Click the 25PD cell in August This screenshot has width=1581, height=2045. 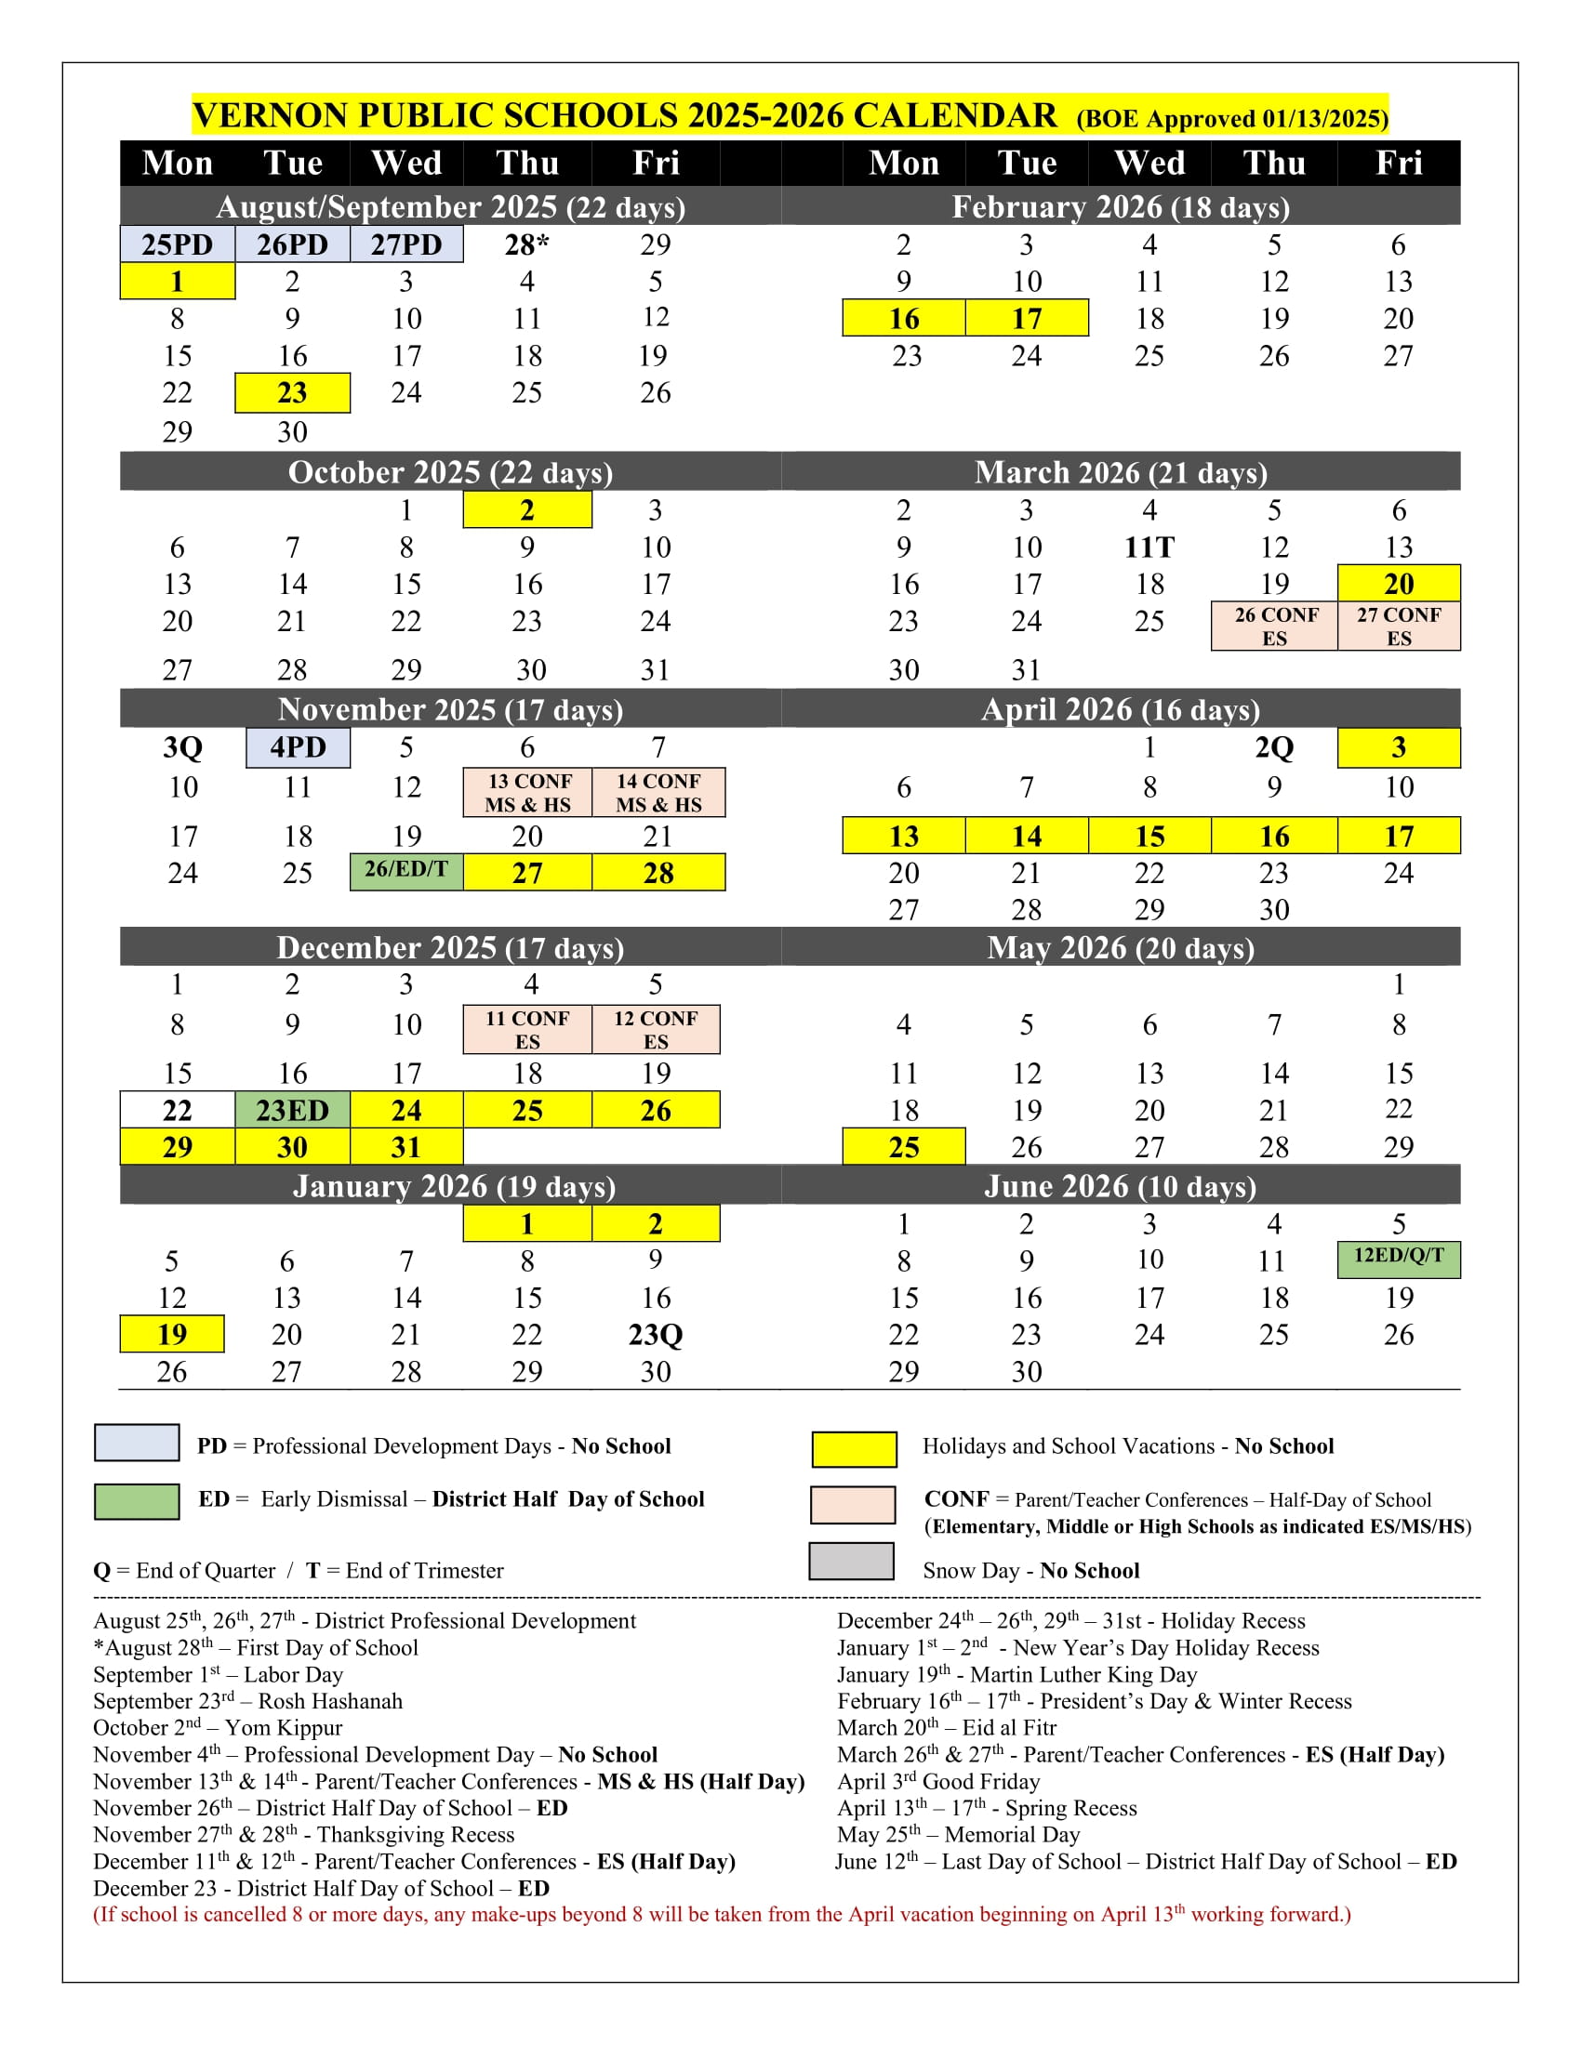coord(177,244)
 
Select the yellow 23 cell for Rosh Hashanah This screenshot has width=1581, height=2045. coord(292,392)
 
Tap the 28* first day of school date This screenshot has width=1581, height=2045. coord(526,244)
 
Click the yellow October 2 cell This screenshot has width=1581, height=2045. coord(527,510)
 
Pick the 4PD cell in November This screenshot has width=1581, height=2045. coord(298,747)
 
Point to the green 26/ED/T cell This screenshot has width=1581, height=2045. coord(406,870)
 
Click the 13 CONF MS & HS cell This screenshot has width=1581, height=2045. coord(527,792)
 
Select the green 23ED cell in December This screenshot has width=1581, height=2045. coord(292,1111)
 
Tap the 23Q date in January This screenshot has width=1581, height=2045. coord(656,1334)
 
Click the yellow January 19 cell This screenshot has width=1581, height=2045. coord(172,1334)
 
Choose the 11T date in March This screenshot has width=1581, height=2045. coord(1149,547)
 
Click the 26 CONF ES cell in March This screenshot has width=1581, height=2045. coord(1275,627)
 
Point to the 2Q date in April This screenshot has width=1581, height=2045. coord(1274,747)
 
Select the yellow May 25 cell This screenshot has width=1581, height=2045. coord(904,1147)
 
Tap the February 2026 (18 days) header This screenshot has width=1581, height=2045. coord(1121,207)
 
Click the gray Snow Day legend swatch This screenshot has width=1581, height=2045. coord(851,1562)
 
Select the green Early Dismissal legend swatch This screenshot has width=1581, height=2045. coord(137,1501)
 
